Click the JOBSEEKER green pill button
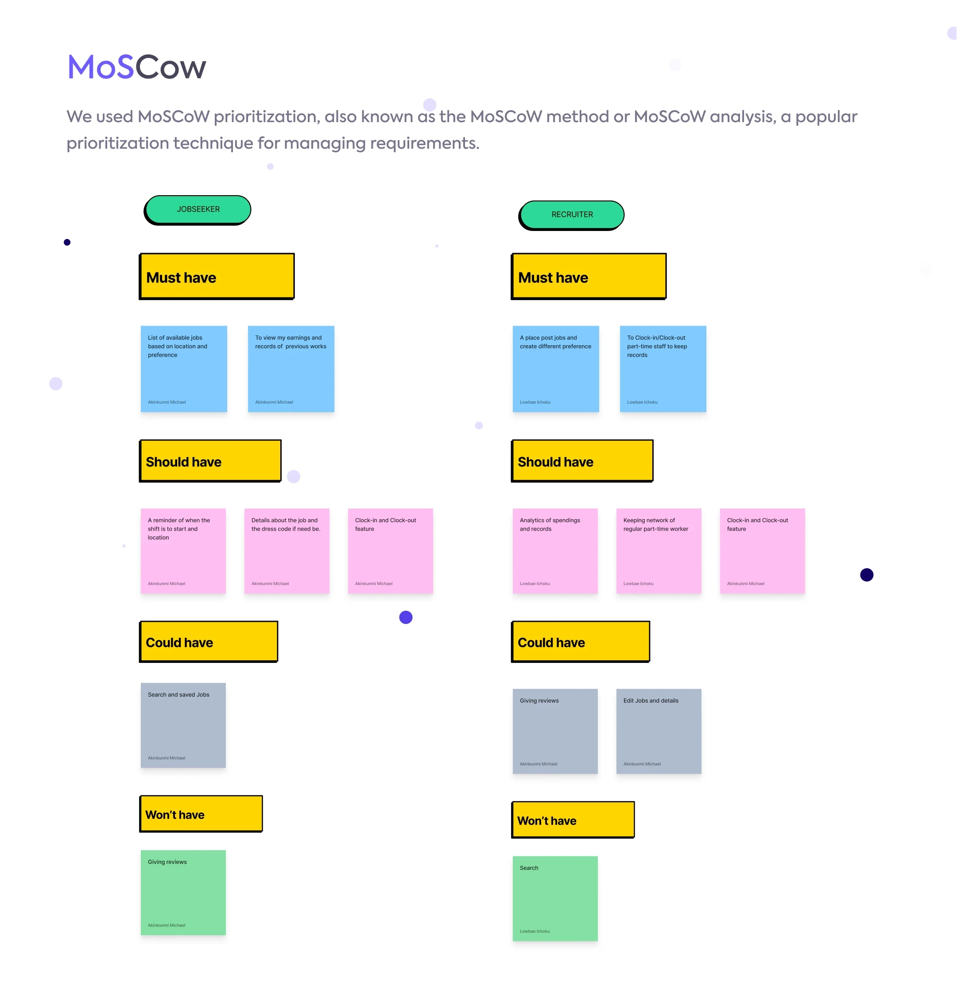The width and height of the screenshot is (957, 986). pyautogui.click(x=198, y=210)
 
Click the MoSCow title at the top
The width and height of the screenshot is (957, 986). pyautogui.click(x=137, y=67)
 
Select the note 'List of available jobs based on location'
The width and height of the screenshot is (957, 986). pyautogui.click(x=184, y=369)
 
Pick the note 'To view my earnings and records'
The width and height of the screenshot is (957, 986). pyautogui.click(x=291, y=369)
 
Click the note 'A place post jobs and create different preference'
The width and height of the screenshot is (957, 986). pyautogui.click(x=556, y=369)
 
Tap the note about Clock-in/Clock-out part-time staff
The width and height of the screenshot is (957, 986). pyautogui.click(x=663, y=369)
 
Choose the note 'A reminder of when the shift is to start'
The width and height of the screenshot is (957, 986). pyautogui.click(x=183, y=551)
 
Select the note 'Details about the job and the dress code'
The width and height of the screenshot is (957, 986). pyautogui.click(x=287, y=551)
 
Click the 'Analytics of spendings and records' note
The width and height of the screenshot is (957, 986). pyautogui.click(x=555, y=551)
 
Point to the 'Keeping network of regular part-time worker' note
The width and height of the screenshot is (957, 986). pyautogui.click(x=659, y=551)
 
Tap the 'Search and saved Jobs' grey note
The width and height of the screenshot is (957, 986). pyautogui.click(x=183, y=725)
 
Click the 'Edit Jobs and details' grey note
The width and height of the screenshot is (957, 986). pyautogui.click(x=659, y=731)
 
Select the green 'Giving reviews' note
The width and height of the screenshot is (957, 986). pyautogui.click(x=183, y=893)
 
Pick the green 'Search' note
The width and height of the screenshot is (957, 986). pyautogui.click(x=555, y=898)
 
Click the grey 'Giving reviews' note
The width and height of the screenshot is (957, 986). pyautogui.click(x=555, y=731)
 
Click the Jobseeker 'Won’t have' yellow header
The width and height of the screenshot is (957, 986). pyautogui.click(x=201, y=813)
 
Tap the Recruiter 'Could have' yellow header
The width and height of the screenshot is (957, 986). pyautogui.click(x=581, y=641)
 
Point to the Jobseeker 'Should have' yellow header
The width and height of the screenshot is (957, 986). pyautogui.click(x=210, y=461)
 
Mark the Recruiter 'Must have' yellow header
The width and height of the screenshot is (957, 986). pyautogui.click(x=589, y=276)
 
